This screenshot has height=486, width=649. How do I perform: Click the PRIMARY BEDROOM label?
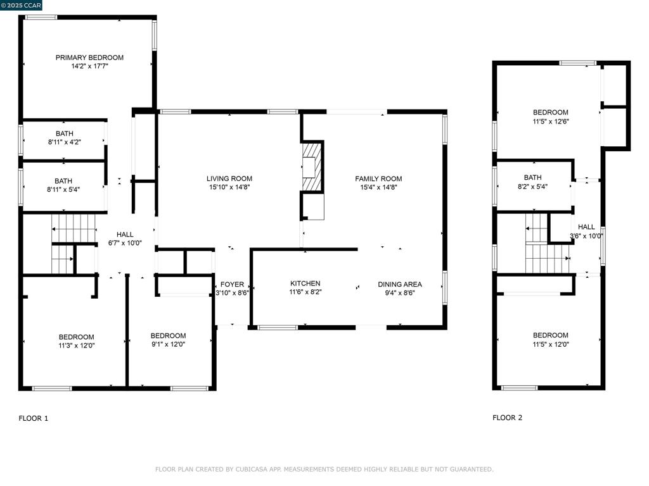click(89, 58)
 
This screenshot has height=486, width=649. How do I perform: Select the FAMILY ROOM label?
click(378, 178)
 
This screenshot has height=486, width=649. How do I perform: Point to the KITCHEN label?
click(305, 283)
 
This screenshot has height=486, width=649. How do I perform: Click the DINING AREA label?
click(400, 284)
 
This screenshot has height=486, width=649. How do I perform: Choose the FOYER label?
click(232, 284)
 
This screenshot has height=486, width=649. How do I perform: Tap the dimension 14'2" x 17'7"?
click(89, 66)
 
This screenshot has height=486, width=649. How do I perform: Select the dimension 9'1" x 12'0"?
click(168, 344)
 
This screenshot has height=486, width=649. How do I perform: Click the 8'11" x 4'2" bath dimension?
click(64, 142)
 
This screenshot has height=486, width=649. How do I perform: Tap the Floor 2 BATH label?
click(532, 178)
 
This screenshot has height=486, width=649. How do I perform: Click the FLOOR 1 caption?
click(33, 418)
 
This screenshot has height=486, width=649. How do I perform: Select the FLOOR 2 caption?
click(507, 418)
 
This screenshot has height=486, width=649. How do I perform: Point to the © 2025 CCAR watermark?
click(22, 5)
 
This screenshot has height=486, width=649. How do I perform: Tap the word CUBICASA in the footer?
click(251, 470)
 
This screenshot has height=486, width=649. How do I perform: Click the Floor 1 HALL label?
click(125, 235)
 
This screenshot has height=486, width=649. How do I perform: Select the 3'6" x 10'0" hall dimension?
click(586, 236)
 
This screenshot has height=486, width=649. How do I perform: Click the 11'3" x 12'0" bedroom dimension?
click(76, 346)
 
